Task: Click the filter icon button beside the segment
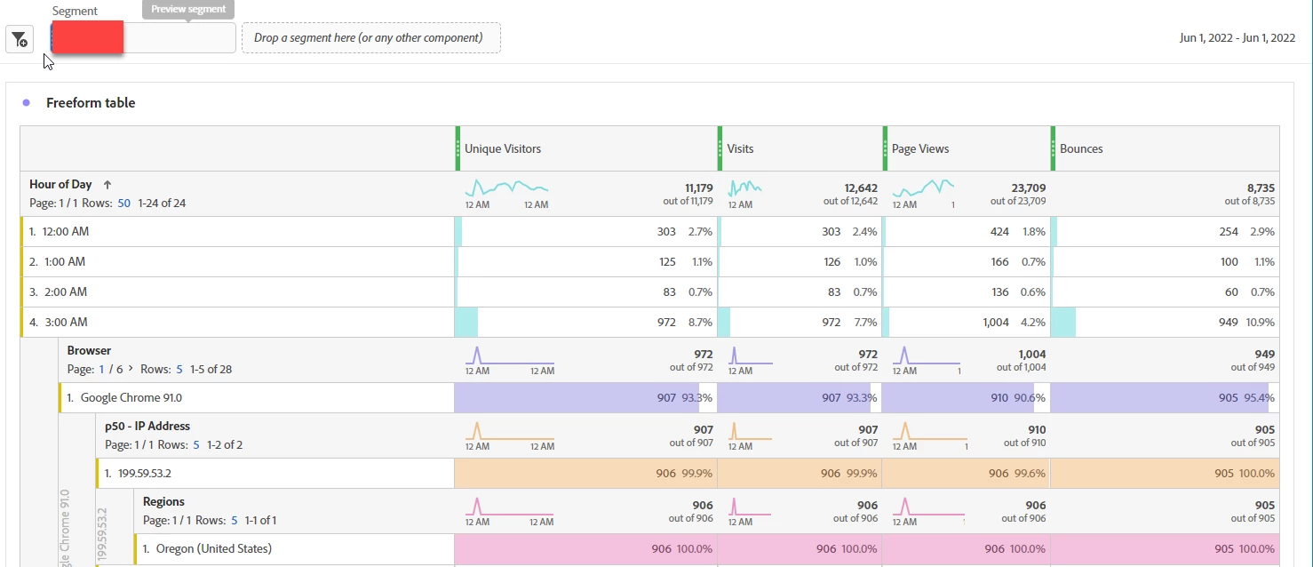pos(20,39)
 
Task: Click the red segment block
pos(87,38)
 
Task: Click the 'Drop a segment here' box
pos(370,38)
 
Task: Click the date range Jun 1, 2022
pos(1237,38)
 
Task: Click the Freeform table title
pos(91,103)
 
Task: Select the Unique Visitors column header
pos(503,149)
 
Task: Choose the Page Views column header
pos(920,149)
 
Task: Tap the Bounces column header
pos(1081,149)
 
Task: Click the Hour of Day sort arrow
pos(107,185)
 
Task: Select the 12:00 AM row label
pos(65,232)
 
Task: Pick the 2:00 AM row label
pos(64,292)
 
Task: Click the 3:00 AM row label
pos(64,323)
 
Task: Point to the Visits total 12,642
pos(861,188)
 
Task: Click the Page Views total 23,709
pos(1027,188)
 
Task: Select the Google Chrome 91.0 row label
pos(131,398)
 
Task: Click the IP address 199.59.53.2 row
pos(144,474)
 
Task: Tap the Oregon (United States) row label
pos(213,549)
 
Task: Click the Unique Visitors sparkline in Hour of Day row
pos(506,188)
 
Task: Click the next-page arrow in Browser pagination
pos(131,369)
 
